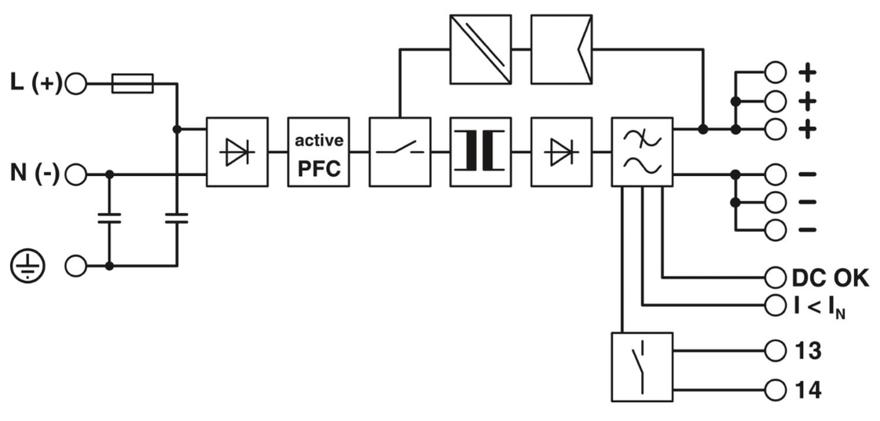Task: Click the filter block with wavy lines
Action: click(642, 152)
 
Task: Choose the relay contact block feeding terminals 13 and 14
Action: click(642, 368)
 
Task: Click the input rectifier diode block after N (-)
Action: click(236, 152)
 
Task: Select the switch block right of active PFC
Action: click(399, 152)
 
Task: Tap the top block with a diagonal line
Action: click(481, 49)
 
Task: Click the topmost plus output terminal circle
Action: click(775, 72)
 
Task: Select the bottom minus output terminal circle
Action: click(775, 230)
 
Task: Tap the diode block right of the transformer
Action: click(561, 152)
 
